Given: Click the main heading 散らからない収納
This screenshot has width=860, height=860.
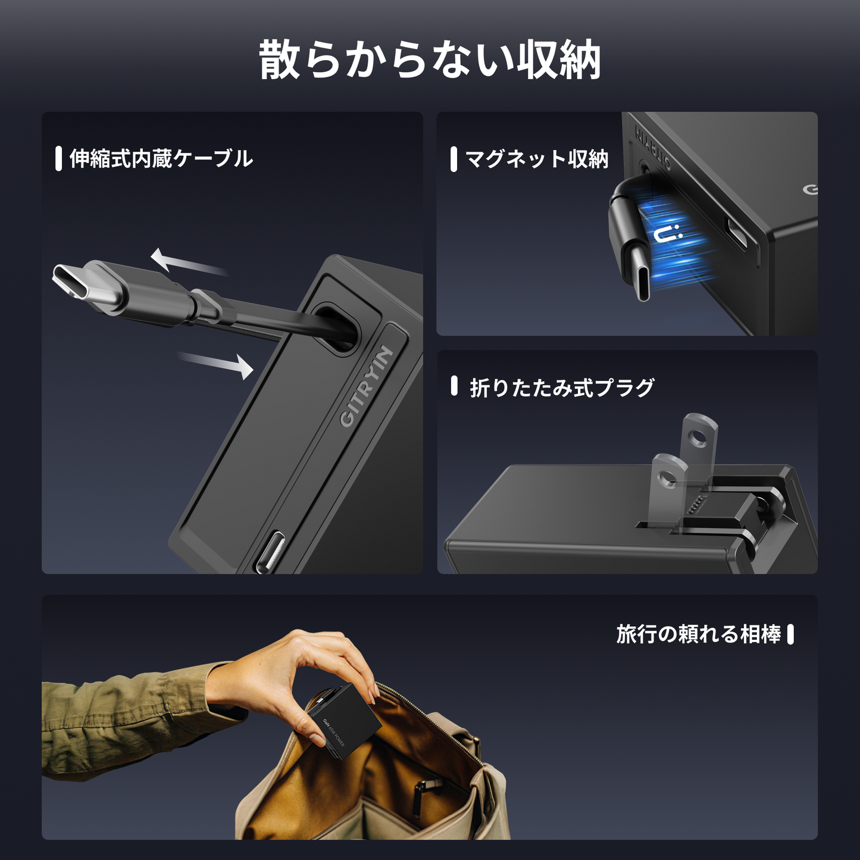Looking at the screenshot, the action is [430, 60].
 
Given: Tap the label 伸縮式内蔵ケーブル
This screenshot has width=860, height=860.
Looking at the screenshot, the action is [161, 159].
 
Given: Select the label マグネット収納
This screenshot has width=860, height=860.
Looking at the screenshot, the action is [536, 159].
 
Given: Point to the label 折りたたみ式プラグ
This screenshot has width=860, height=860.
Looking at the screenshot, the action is [562, 387].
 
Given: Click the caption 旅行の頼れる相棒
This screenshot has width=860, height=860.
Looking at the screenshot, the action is [699, 634].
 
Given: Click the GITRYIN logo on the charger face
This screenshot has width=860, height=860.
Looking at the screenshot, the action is [367, 386].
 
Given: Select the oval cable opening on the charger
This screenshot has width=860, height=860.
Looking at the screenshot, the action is [336, 329].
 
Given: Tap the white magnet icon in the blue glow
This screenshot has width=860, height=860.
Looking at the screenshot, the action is [668, 234].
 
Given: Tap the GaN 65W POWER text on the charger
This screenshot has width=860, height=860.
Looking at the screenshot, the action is [334, 732].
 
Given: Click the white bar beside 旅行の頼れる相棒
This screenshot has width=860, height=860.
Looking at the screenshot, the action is [790, 634].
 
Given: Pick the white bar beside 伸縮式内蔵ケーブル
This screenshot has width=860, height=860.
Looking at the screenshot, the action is [58, 159].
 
